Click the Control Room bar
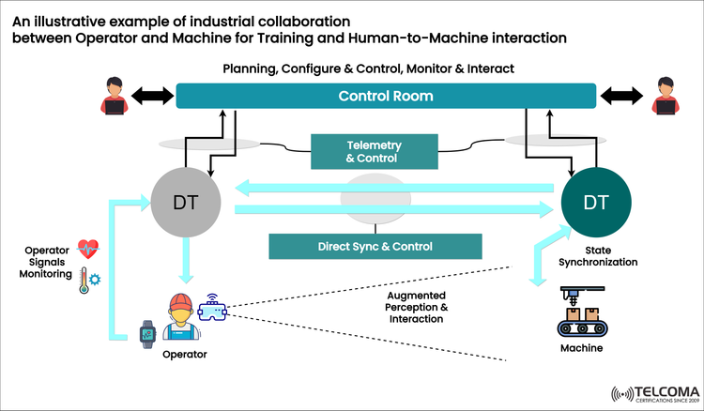click(x=386, y=97)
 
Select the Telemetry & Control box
click(x=375, y=152)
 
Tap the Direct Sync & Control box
click(x=375, y=247)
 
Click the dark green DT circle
click(x=595, y=201)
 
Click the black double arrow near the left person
click(x=152, y=97)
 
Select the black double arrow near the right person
click(x=620, y=97)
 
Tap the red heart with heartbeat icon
click(x=89, y=249)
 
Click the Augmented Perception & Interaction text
click(x=417, y=307)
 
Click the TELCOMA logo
click(x=653, y=392)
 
